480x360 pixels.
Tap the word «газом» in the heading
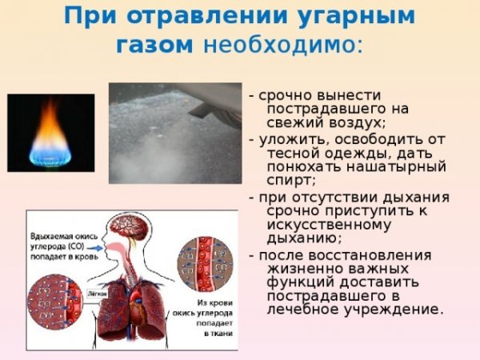(x=154, y=45)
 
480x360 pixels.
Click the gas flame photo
(x=50, y=132)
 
